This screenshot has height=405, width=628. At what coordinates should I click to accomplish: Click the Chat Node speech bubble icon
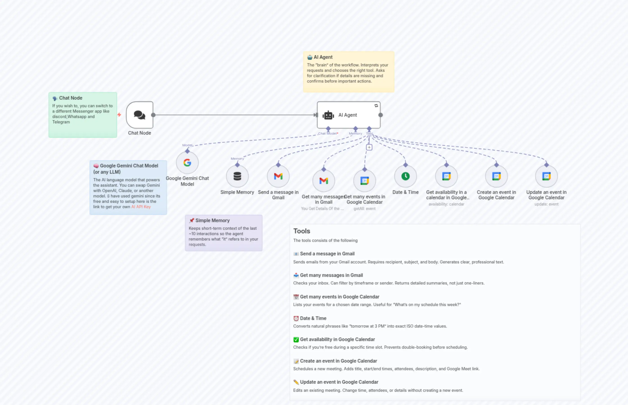pyautogui.click(x=139, y=115)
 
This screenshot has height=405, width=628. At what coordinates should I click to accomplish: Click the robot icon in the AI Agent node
pyautogui.click(x=328, y=115)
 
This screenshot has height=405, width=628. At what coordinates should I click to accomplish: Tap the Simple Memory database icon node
pyautogui.click(x=237, y=176)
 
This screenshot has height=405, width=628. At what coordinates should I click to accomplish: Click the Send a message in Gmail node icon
pyautogui.click(x=278, y=176)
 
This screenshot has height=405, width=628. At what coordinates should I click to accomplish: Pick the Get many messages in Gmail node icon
pyautogui.click(x=323, y=181)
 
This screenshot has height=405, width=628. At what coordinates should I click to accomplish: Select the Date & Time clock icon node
pyautogui.click(x=405, y=176)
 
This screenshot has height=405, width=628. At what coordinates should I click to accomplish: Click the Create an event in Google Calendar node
pyautogui.click(x=496, y=176)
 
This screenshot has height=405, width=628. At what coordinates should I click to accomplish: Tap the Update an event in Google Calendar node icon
pyautogui.click(x=546, y=176)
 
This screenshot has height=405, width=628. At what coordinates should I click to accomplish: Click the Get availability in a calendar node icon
pyautogui.click(x=446, y=176)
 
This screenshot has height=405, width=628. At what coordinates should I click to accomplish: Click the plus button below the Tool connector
pyautogui.click(x=369, y=147)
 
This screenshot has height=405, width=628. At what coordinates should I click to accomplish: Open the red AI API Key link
pyautogui.click(x=141, y=207)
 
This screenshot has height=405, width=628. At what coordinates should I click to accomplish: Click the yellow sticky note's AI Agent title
pyautogui.click(x=323, y=57)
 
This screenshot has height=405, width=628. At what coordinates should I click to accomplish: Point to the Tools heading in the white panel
pyautogui.click(x=302, y=231)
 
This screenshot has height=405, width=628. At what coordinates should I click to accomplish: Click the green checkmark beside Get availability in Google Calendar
pyautogui.click(x=296, y=339)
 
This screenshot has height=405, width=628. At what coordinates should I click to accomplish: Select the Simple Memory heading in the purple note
pyautogui.click(x=212, y=220)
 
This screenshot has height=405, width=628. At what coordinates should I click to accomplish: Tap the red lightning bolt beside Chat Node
pyautogui.click(x=119, y=115)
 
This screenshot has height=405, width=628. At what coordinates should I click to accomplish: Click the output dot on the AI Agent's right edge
pyautogui.click(x=380, y=115)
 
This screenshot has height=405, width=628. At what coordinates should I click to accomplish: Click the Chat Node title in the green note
pyautogui.click(x=71, y=98)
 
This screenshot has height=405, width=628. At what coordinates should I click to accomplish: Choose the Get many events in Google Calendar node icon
pyautogui.click(x=365, y=181)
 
